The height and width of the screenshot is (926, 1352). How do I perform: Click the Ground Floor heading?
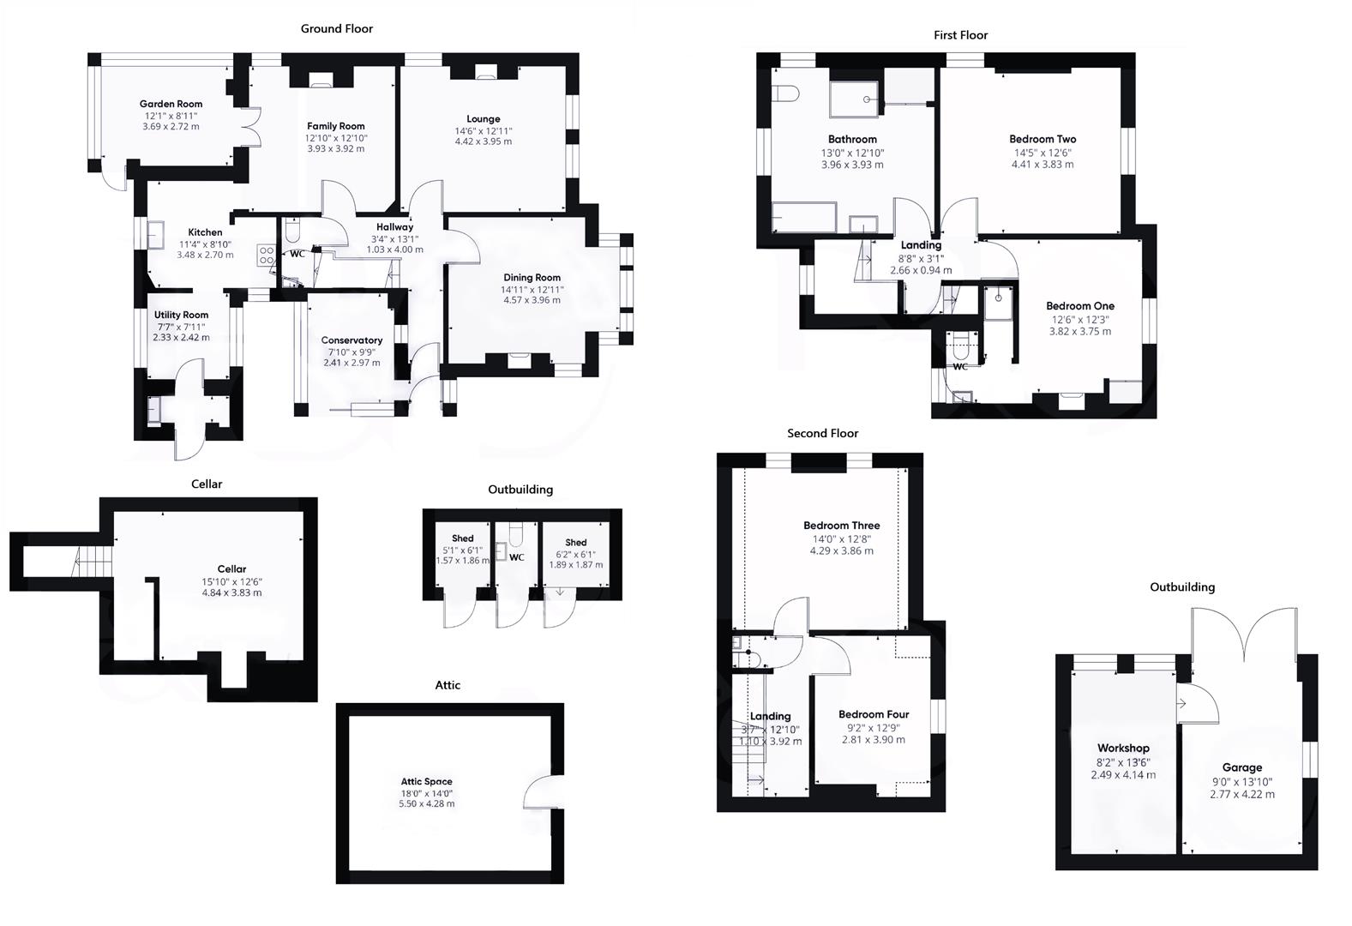[336, 29]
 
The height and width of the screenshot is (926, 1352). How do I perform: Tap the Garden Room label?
[171, 104]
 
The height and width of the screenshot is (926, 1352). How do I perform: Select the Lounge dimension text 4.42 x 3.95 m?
[483, 141]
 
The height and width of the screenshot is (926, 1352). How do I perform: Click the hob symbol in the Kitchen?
[267, 255]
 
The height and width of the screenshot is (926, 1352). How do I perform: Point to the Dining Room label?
[532, 278]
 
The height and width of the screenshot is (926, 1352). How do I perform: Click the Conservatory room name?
[352, 340]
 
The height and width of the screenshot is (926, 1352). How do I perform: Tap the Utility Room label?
[182, 315]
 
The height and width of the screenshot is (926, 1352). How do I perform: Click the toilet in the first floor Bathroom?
[786, 93]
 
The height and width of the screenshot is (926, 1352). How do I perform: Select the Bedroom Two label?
[1042, 139]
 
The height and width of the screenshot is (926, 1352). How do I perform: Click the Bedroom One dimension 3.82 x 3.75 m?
[1079, 331]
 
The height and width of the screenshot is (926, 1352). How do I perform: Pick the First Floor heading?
[960, 35]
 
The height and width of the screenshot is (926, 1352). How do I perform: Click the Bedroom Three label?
[841, 526]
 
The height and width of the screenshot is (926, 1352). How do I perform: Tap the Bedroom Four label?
[873, 714]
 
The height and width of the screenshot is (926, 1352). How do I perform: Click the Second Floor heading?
[822, 434]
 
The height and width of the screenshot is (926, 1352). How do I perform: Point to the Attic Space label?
[426, 781]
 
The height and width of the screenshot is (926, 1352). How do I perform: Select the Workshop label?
[1122, 749]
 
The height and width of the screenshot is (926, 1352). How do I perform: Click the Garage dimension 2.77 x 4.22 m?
[1241, 794]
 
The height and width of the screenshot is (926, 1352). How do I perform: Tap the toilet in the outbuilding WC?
[516, 536]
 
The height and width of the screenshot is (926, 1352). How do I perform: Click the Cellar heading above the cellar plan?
[207, 484]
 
